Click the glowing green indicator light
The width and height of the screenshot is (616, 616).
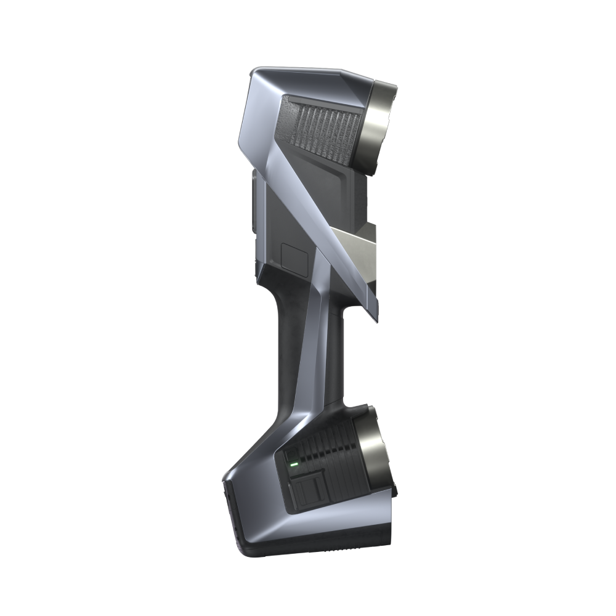tap(294, 464)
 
